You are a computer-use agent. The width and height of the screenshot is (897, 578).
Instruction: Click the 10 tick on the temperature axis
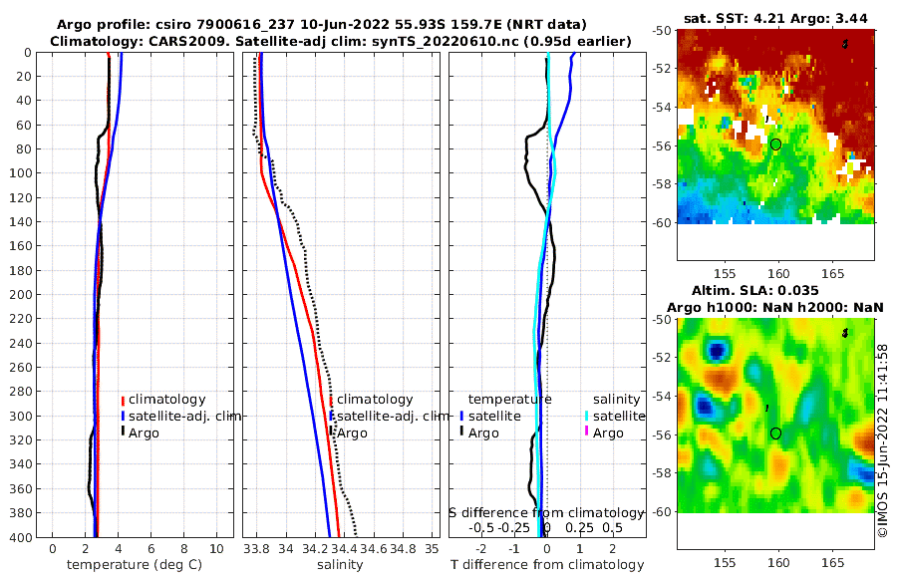(x=216, y=549)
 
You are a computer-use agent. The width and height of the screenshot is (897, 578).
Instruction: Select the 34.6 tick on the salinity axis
(x=374, y=549)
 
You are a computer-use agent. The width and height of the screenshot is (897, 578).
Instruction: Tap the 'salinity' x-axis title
(x=339, y=565)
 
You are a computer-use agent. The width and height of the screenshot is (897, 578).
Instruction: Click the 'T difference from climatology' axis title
(x=547, y=565)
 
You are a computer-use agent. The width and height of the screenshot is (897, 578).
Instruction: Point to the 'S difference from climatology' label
(x=547, y=512)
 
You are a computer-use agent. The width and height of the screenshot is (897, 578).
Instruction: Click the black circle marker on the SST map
(x=776, y=144)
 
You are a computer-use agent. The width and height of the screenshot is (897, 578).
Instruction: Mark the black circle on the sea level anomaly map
(x=776, y=433)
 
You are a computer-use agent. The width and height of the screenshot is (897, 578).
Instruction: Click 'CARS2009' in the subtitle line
(x=168, y=41)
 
